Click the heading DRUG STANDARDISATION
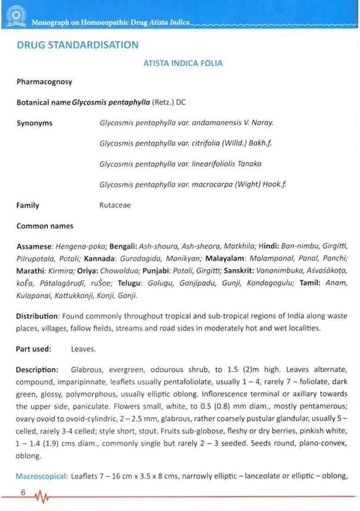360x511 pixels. [77, 45]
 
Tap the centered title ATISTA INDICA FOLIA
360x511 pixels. [183, 63]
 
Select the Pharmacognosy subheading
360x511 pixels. [44, 82]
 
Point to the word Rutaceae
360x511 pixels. [115, 206]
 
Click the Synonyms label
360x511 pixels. [35, 123]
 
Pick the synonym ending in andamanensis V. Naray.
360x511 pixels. [186, 123]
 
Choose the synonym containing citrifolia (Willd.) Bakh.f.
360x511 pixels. [186, 143]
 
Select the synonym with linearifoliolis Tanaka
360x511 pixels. [180, 164]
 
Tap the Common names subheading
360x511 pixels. [45, 226]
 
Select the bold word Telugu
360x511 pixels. [130, 283]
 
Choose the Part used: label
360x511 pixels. [34, 349]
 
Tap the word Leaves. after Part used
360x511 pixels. [84, 349]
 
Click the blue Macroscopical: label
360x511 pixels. [42, 476]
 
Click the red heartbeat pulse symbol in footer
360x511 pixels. [42, 497]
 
